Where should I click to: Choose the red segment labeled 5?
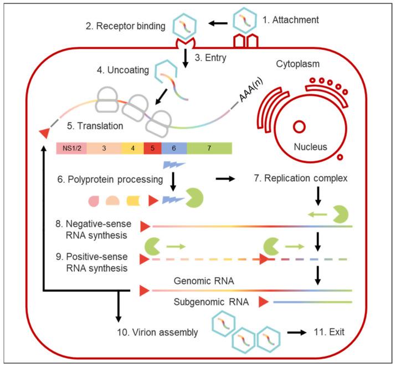152,148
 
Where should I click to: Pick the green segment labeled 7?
209,148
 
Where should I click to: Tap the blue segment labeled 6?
174,148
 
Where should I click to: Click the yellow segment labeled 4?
132,148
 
